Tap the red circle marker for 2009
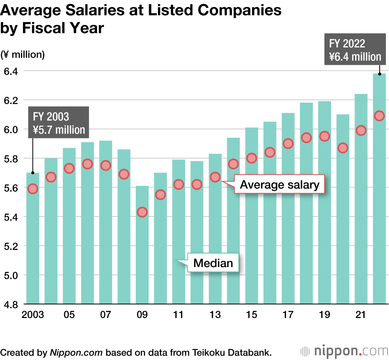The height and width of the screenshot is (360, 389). [x=142, y=212]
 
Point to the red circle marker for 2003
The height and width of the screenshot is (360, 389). [x=33, y=189]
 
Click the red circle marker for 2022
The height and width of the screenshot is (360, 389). [x=379, y=116]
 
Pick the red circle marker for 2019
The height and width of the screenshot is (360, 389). [x=324, y=136]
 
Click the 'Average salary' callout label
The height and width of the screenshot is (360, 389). [x=279, y=185]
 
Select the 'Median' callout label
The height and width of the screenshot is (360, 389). [x=213, y=263]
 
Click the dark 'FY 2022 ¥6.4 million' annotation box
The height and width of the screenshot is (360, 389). [x=355, y=50]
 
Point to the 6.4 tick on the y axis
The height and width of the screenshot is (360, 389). [x=11, y=71]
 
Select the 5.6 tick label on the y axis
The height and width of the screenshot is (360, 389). [x=11, y=188]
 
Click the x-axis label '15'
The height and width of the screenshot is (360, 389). [x=251, y=315]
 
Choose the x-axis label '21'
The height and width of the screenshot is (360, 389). [x=361, y=315]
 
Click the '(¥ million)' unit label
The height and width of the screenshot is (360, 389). [x=23, y=54]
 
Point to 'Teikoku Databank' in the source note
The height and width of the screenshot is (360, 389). [x=231, y=353]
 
